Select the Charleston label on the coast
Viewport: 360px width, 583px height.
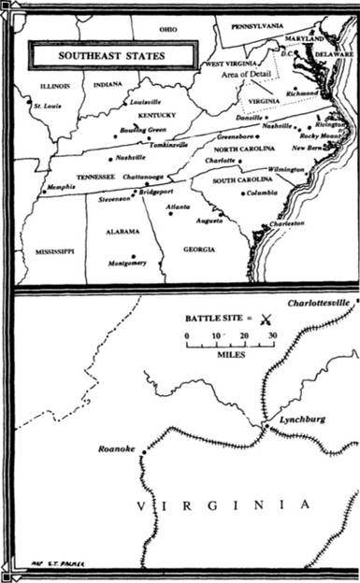coord(287,224)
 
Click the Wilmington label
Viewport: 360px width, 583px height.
coord(286,169)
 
